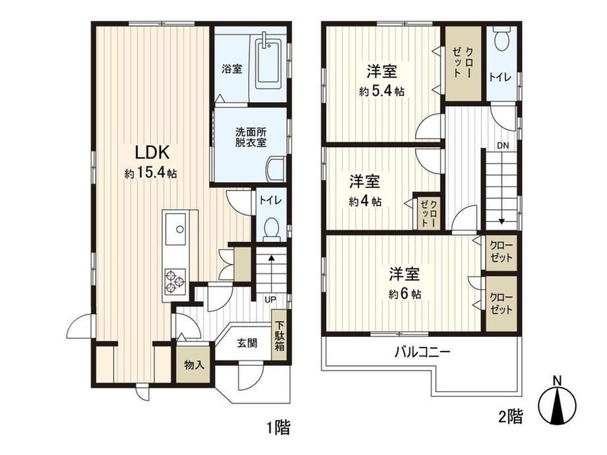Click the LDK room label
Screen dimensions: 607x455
click(x=152, y=152)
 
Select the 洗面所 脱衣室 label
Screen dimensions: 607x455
click(x=251, y=137)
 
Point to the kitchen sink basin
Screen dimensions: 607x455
click(x=176, y=229)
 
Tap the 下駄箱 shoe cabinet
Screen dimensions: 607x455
click(x=280, y=336)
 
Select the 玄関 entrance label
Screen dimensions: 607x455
click(x=247, y=343)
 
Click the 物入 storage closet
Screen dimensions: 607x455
click(x=194, y=364)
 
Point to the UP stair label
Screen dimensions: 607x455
click(x=271, y=299)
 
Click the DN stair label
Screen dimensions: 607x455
click(x=503, y=146)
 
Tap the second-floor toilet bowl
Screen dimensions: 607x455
click(x=502, y=40)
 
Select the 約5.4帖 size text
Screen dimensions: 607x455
click(x=382, y=92)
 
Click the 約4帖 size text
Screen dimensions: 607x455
click(x=366, y=202)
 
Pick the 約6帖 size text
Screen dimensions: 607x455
click(x=405, y=295)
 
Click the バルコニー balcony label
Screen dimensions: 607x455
click(x=422, y=352)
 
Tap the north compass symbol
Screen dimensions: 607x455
click(x=558, y=404)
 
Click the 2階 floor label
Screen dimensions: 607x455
click(x=511, y=417)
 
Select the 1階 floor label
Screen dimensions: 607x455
click(x=278, y=428)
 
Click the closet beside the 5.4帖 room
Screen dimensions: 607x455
click(x=463, y=63)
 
